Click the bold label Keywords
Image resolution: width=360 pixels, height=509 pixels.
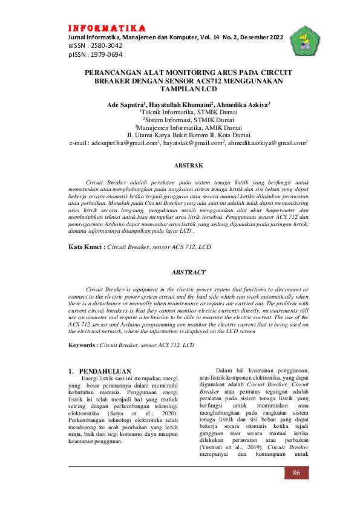(83, 345)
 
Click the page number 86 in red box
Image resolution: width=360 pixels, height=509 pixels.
(296, 472)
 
